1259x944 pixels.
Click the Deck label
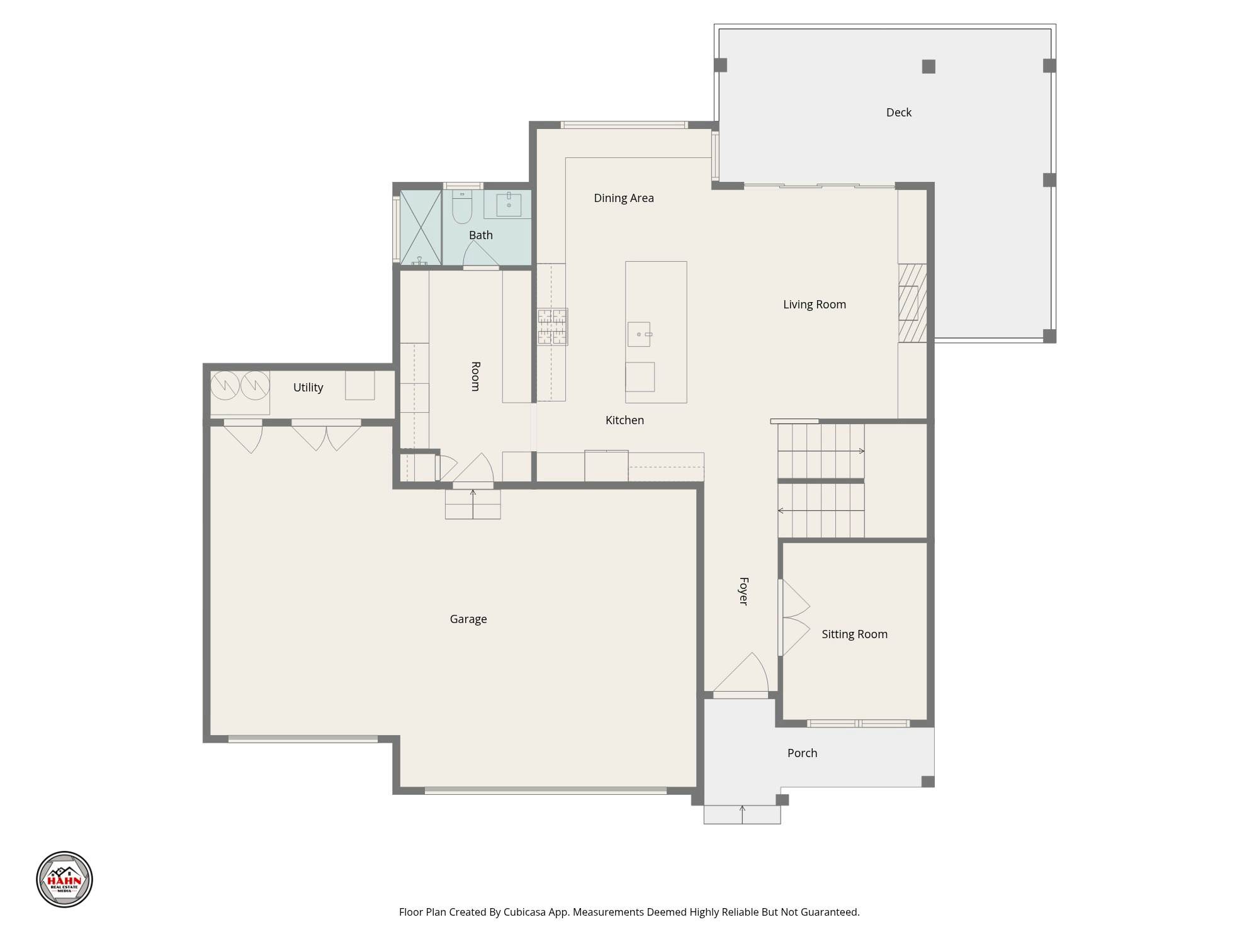[898, 113]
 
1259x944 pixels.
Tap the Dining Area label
[624, 198]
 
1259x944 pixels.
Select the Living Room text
[815, 305]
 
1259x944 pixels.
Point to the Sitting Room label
[854, 634]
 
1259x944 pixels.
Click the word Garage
[468, 619]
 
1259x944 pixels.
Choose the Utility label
[308, 388]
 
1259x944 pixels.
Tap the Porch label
[802, 753]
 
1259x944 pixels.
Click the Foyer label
[743, 591]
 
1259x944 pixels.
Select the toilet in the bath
[462, 206]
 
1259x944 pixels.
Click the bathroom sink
[509, 204]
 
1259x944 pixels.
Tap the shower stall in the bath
[421, 227]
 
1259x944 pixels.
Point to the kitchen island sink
[639, 334]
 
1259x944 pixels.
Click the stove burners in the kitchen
[552, 327]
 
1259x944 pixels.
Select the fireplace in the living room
[912, 303]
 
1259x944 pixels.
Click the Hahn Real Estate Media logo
[64, 879]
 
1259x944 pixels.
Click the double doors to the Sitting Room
[794, 617]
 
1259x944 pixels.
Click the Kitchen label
[624, 420]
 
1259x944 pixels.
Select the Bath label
[481, 235]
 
